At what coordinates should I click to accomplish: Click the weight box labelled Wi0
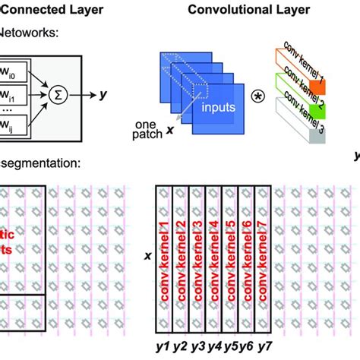coord(13,74)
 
